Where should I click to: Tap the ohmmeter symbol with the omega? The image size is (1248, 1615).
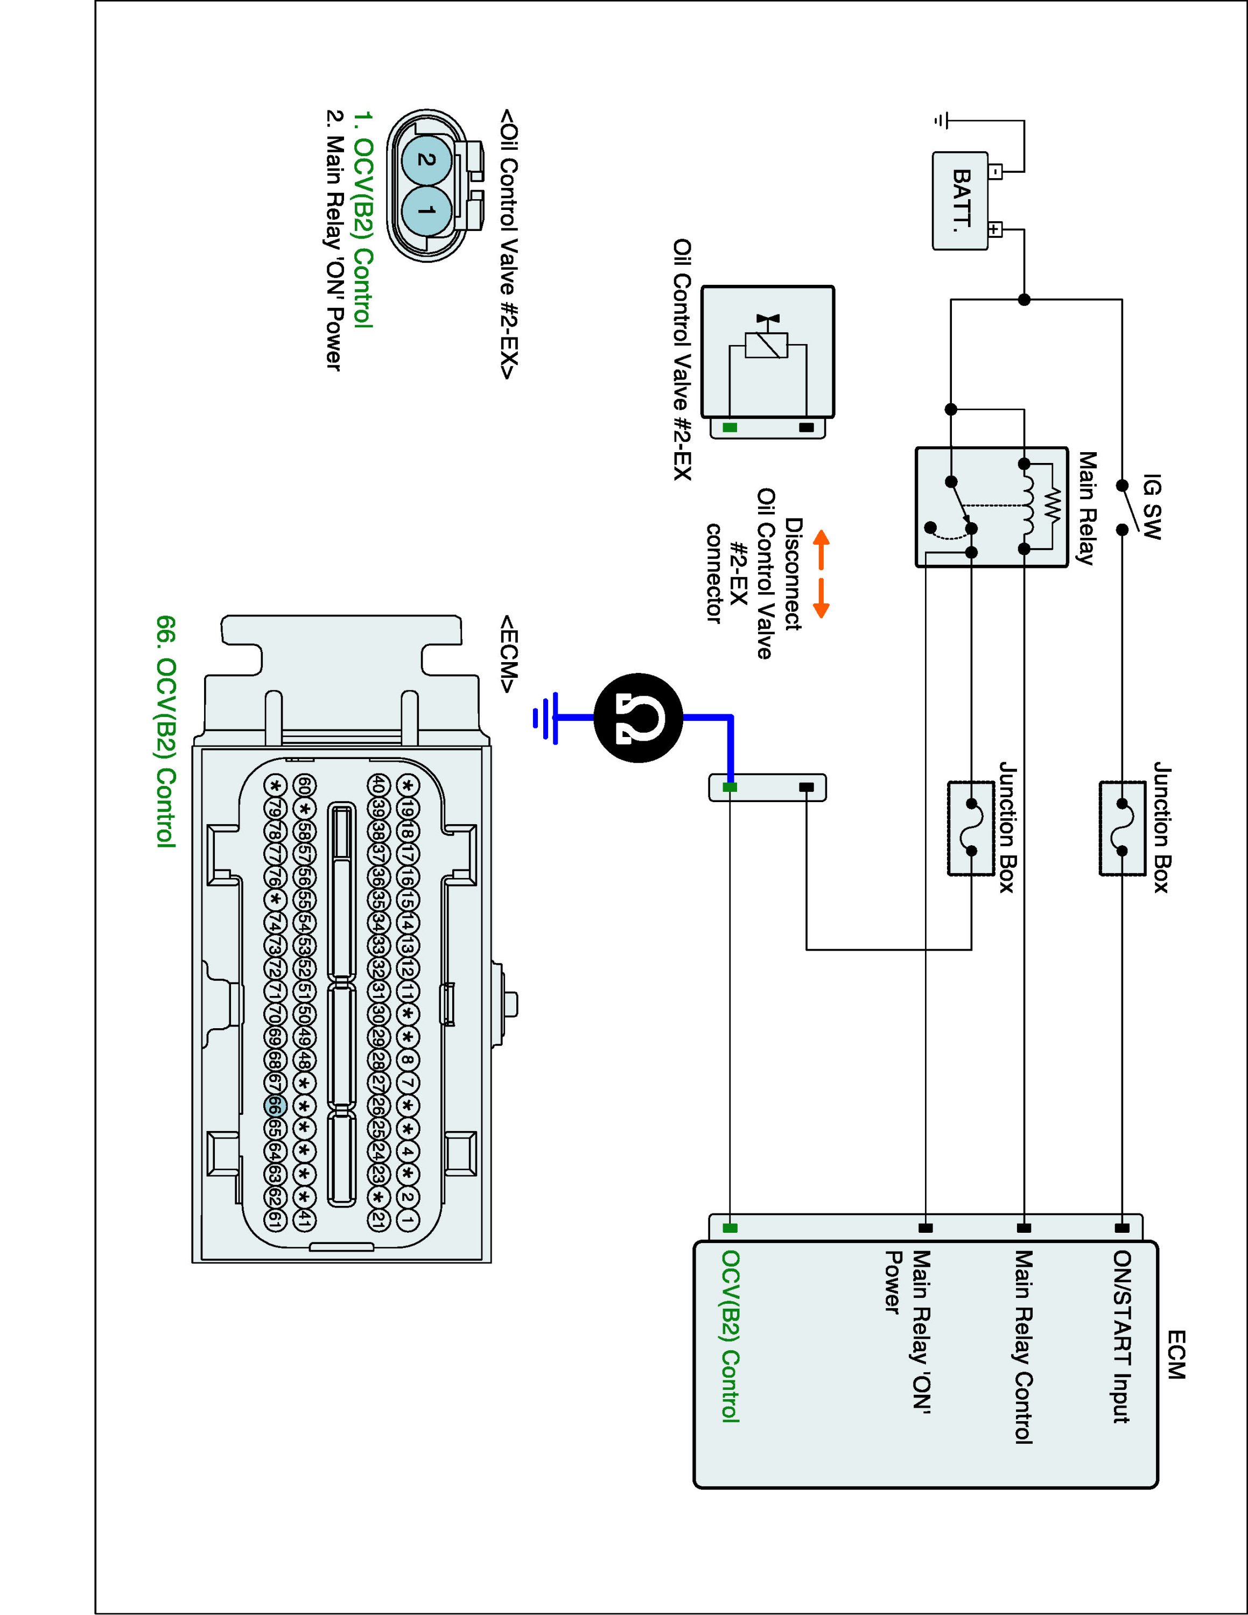638,717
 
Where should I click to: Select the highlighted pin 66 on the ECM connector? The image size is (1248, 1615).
274,1106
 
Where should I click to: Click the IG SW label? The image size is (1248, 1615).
1152,507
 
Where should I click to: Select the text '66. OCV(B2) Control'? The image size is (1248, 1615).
166,732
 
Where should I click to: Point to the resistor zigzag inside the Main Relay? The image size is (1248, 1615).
1052,507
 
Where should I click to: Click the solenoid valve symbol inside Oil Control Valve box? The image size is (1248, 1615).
766,342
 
